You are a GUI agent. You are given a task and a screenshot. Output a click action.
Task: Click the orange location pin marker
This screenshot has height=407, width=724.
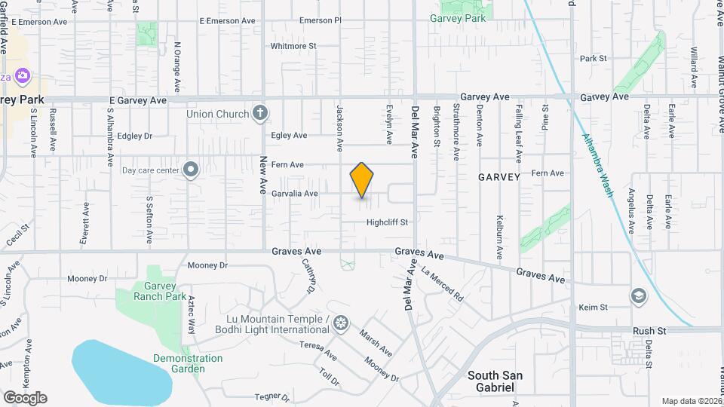(x=362, y=180)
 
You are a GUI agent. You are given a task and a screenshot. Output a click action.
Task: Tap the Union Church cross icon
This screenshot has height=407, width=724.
(x=259, y=114)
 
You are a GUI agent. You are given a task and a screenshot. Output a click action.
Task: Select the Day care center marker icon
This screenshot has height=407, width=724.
(x=191, y=170)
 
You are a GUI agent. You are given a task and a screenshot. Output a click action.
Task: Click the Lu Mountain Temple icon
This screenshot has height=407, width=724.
(x=342, y=323)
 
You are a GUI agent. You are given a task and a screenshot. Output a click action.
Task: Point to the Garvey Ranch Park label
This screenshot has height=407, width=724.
(x=155, y=291)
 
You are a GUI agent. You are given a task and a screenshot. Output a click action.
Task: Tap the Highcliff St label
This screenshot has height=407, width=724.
(x=387, y=222)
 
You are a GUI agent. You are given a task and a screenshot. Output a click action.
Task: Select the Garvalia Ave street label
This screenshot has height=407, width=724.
(x=296, y=194)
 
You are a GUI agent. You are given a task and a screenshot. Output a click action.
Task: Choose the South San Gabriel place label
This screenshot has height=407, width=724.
(x=495, y=381)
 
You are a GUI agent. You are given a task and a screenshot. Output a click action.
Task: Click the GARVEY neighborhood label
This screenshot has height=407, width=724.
(x=499, y=177)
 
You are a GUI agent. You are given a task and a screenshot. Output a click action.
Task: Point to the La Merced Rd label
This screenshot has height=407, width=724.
(x=443, y=286)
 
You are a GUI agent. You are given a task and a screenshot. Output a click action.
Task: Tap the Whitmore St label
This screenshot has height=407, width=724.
(x=293, y=46)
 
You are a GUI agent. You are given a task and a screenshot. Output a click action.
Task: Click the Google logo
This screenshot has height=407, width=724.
(x=25, y=397)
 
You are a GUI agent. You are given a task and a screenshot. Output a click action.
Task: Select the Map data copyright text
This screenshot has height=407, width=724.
(x=691, y=401)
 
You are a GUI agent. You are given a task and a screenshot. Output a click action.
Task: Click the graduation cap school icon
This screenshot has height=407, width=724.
(x=639, y=295)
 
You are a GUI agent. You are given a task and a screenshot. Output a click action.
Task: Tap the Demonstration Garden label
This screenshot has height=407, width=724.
(x=188, y=363)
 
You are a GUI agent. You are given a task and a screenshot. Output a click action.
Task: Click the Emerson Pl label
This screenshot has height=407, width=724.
(x=321, y=20)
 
